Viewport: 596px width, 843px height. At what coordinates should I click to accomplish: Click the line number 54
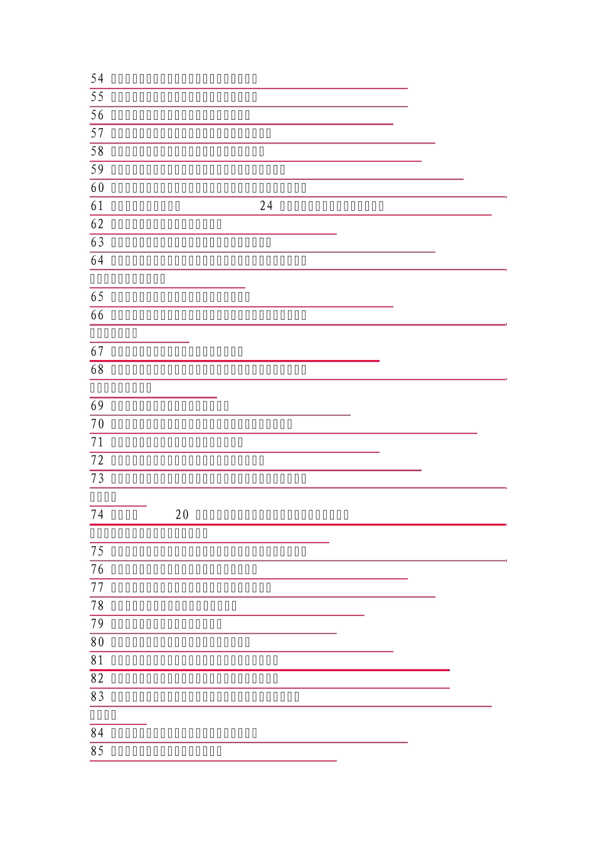(x=97, y=78)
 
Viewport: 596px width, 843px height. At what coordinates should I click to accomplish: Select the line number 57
(x=97, y=133)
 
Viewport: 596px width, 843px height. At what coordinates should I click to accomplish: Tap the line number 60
(x=97, y=188)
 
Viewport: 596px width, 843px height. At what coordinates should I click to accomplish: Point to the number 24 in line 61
(x=267, y=206)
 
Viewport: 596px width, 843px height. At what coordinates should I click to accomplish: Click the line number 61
(x=97, y=206)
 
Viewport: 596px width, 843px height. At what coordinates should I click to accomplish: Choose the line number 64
(x=97, y=260)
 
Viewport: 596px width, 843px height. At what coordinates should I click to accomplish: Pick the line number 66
(x=97, y=315)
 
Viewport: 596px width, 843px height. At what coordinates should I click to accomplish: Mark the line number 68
(x=97, y=369)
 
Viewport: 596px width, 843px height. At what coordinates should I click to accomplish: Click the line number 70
(x=97, y=424)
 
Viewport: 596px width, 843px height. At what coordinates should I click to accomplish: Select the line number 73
(x=97, y=479)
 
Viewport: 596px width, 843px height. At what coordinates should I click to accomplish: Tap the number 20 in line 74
(x=182, y=515)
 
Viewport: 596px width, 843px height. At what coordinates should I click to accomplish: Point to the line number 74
(x=97, y=515)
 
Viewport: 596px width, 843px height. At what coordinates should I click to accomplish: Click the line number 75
(x=97, y=551)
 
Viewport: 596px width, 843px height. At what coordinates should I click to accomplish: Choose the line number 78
(x=97, y=606)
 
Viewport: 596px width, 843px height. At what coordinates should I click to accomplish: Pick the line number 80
(x=97, y=642)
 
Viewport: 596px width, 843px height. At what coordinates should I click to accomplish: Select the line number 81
(x=97, y=660)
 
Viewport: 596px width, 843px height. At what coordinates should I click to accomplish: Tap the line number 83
(x=97, y=697)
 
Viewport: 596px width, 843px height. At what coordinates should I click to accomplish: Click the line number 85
(x=97, y=751)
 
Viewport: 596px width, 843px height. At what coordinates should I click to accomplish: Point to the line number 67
(x=97, y=351)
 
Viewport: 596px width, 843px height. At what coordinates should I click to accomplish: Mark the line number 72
(x=97, y=460)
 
